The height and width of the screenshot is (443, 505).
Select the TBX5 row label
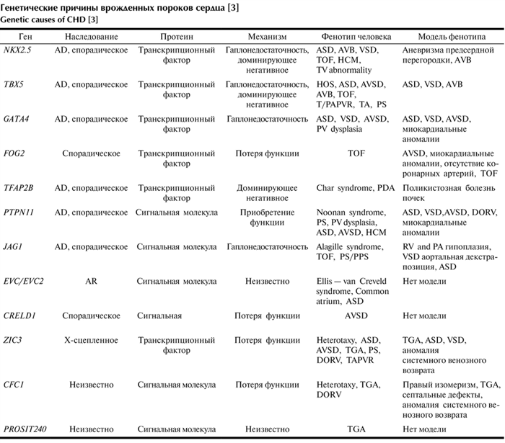point(14,84)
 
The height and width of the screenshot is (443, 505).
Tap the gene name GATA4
point(16,118)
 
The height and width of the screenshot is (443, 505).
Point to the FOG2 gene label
point(14,153)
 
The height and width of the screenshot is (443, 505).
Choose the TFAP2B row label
point(19,187)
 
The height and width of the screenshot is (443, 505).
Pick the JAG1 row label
point(14,246)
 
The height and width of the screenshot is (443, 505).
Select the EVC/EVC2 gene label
point(24,281)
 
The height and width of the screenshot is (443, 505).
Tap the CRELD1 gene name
point(19,316)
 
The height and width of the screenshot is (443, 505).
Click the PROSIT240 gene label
point(25,429)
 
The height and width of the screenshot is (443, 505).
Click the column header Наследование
point(91,35)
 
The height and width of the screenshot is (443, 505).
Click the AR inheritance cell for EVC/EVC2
point(91,281)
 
